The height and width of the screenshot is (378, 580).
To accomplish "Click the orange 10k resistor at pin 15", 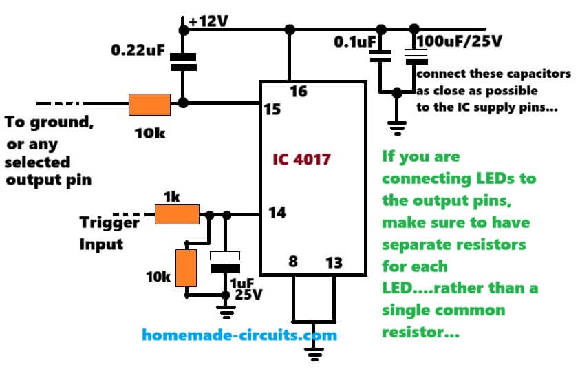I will click(149, 105).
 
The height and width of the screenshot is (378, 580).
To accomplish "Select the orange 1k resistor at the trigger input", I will click(177, 214).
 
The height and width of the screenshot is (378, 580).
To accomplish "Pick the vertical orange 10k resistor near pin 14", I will click(186, 268).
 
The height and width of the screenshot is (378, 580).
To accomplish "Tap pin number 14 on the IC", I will click(277, 214).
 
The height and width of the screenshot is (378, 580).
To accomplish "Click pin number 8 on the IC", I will click(293, 262).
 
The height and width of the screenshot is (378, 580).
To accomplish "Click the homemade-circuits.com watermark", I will click(239, 335).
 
